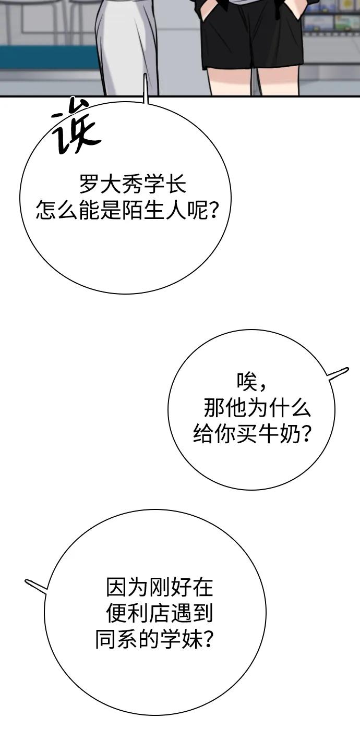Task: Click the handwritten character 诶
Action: [75, 126]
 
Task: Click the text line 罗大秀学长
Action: [133, 185]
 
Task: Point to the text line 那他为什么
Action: [257, 408]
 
